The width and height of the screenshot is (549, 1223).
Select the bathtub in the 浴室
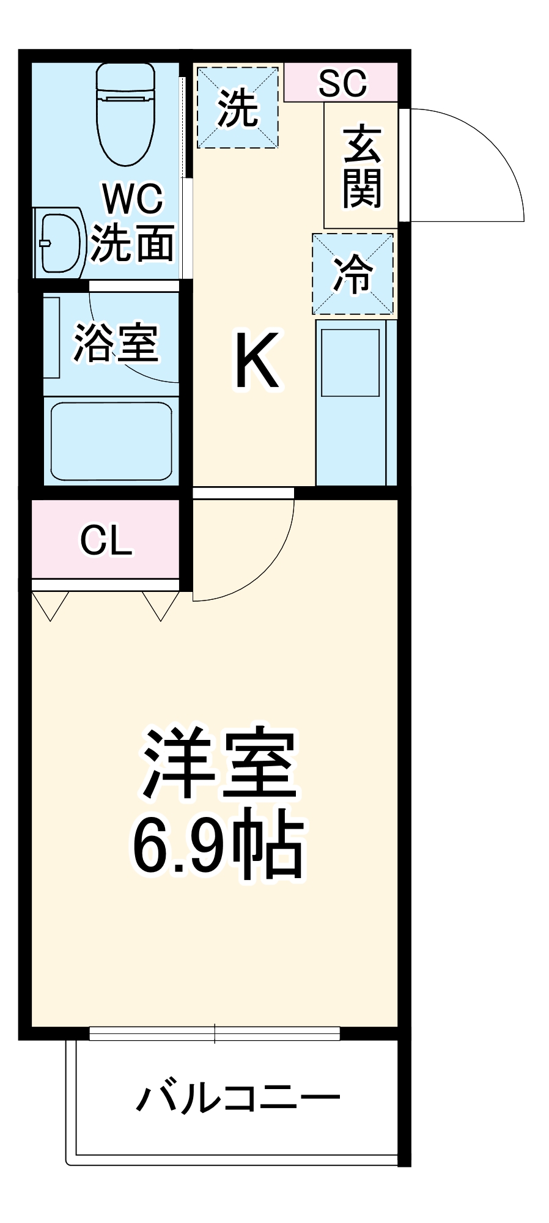(111, 440)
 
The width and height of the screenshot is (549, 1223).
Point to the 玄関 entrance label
(362, 166)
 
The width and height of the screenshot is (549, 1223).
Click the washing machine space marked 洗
(238, 108)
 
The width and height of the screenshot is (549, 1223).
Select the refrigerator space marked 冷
(353, 273)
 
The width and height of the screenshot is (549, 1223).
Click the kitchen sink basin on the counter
(350, 363)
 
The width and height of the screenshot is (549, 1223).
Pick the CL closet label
(106, 540)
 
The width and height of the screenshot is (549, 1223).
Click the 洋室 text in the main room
(219, 763)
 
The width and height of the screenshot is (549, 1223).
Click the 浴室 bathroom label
(116, 342)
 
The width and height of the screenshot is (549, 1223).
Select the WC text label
(133, 199)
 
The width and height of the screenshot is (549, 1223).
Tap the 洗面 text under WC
(133, 243)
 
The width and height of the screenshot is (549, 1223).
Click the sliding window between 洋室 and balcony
(215, 1033)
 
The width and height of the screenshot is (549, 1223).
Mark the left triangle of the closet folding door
(50, 605)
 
